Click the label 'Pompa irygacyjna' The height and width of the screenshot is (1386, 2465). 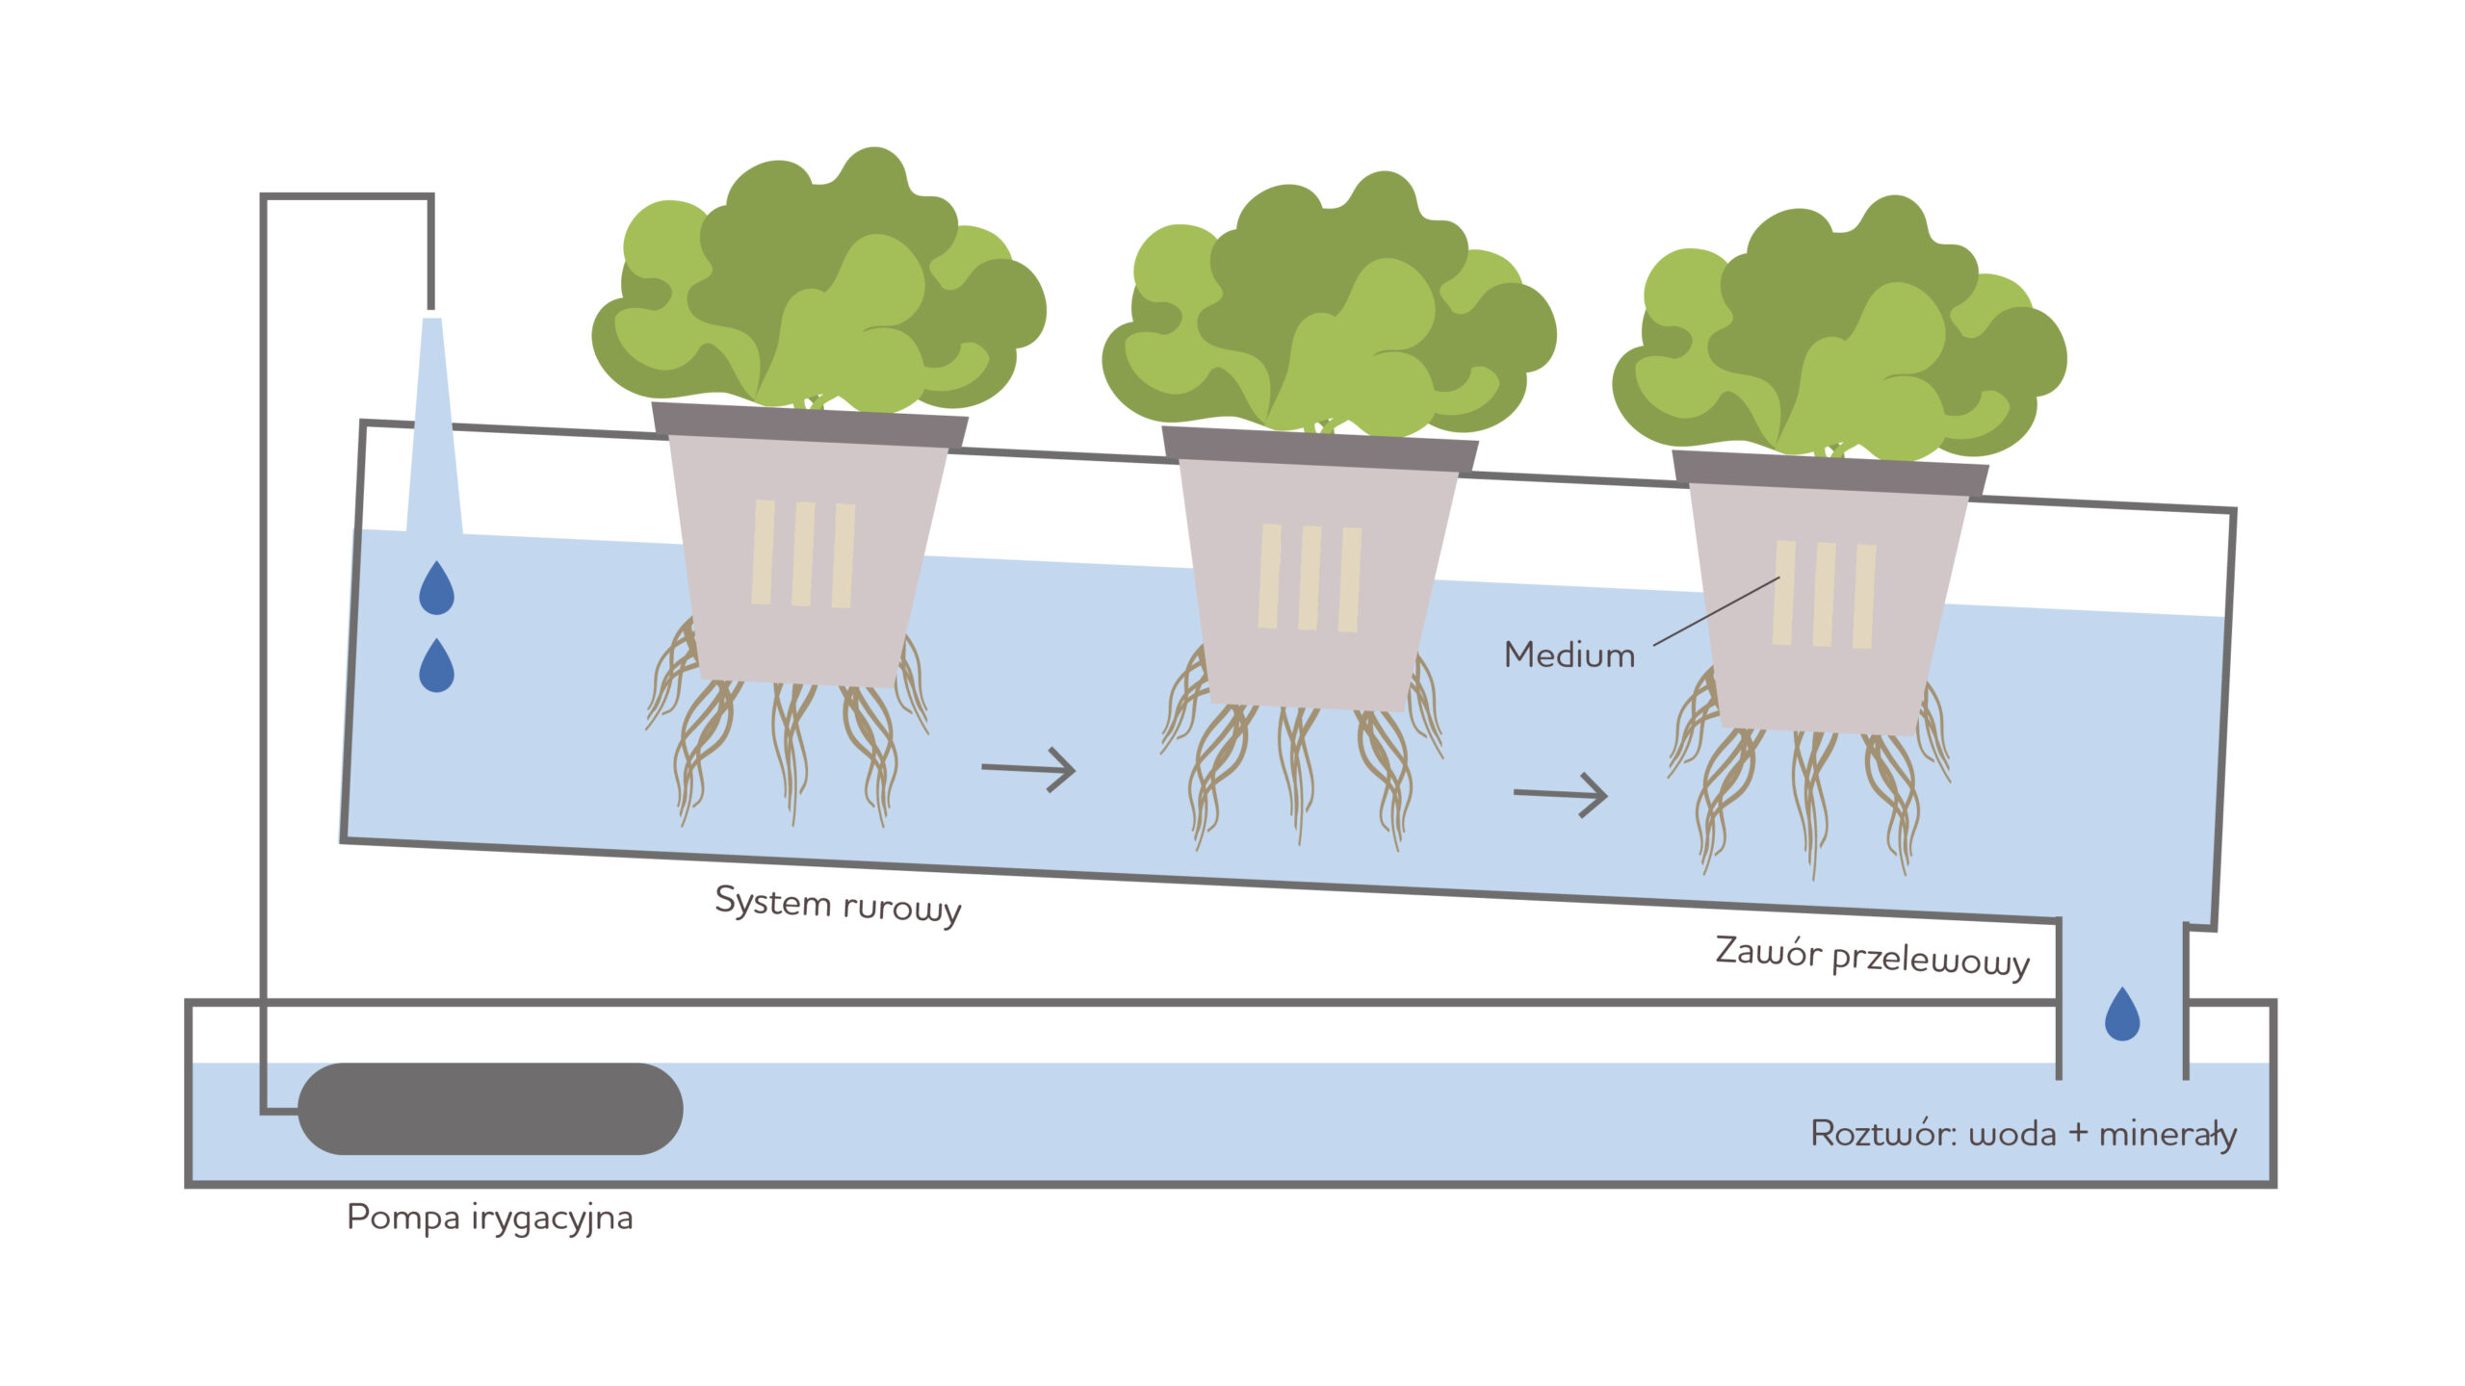click(x=489, y=1218)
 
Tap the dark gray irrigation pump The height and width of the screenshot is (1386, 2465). click(x=490, y=1108)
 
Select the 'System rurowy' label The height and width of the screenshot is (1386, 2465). click(x=838, y=905)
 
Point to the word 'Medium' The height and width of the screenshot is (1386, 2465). click(x=1570, y=655)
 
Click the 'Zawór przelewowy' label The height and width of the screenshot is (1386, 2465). click(x=1872, y=957)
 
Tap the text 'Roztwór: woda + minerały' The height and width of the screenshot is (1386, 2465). click(x=2023, y=1134)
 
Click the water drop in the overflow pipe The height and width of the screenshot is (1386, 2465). click(x=2122, y=1015)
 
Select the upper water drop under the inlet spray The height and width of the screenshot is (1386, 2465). click(x=436, y=589)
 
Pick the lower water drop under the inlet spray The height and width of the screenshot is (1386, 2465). click(x=436, y=666)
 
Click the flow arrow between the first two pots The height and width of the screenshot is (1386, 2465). click(x=1027, y=769)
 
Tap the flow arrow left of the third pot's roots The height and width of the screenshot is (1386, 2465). click(x=1560, y=794)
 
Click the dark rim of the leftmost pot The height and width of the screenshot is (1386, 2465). click(x=809, y=424)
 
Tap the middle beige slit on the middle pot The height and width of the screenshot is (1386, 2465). click(x=1310, y=577)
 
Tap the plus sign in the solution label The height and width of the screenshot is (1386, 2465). click(x=2077, y=1133)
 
